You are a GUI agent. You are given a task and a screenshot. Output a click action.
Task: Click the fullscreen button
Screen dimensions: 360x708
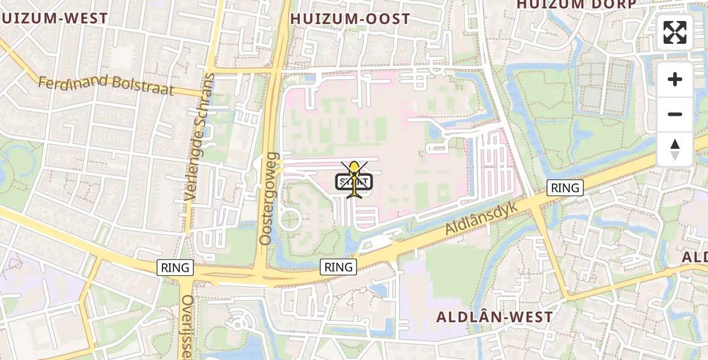point(675,32)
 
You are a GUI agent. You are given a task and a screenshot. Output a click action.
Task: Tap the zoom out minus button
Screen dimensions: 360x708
point(675,114)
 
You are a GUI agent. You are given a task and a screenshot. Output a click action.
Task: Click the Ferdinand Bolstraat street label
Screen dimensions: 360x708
point(106,85)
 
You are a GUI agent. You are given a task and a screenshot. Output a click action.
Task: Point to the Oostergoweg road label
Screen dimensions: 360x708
point(268,198)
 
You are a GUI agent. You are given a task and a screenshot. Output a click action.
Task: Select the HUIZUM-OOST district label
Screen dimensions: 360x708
point(350,19)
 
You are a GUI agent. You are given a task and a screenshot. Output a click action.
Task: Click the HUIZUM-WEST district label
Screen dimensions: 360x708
point(54,19)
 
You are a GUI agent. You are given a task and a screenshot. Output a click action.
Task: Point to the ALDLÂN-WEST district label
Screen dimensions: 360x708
point(494,317)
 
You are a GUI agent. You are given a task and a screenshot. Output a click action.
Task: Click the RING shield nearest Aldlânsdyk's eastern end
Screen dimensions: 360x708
point(565,188)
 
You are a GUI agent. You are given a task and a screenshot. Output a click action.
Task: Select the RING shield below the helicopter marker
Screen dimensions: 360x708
point(338,267)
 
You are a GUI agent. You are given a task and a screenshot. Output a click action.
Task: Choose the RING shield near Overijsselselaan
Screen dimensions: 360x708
point(175,268)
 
